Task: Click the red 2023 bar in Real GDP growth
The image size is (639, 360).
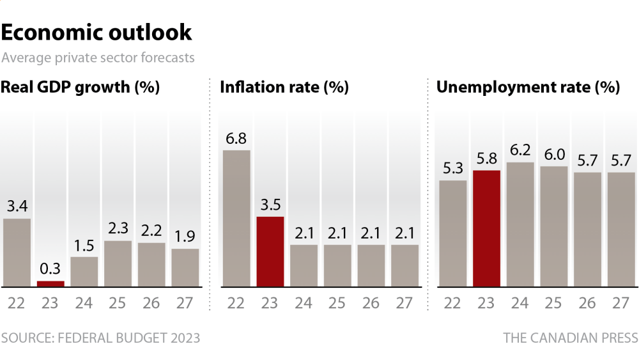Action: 50,284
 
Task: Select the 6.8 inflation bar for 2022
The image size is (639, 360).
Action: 236,219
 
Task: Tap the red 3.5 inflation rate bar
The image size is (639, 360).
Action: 270,251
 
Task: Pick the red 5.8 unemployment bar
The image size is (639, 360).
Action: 486,229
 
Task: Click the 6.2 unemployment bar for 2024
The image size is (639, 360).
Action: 520,224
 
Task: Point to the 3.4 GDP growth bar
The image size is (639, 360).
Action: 17,253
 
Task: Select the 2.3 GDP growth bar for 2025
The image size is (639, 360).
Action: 118,264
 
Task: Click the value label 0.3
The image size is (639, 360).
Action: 50,269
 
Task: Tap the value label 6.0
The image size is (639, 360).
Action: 555,155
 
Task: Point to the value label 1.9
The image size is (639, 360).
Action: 185,237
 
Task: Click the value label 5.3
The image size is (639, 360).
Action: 453,168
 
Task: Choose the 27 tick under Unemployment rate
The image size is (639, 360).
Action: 620,303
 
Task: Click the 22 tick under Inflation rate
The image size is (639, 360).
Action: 236,303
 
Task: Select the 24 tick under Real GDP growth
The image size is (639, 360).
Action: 84,303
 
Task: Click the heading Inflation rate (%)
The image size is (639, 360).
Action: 284,87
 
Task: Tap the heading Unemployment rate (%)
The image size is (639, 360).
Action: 528,87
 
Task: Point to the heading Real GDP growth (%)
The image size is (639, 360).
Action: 81,87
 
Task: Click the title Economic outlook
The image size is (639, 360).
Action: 96,32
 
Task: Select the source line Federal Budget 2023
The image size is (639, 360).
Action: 101,338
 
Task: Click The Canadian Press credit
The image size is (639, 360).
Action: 571,338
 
